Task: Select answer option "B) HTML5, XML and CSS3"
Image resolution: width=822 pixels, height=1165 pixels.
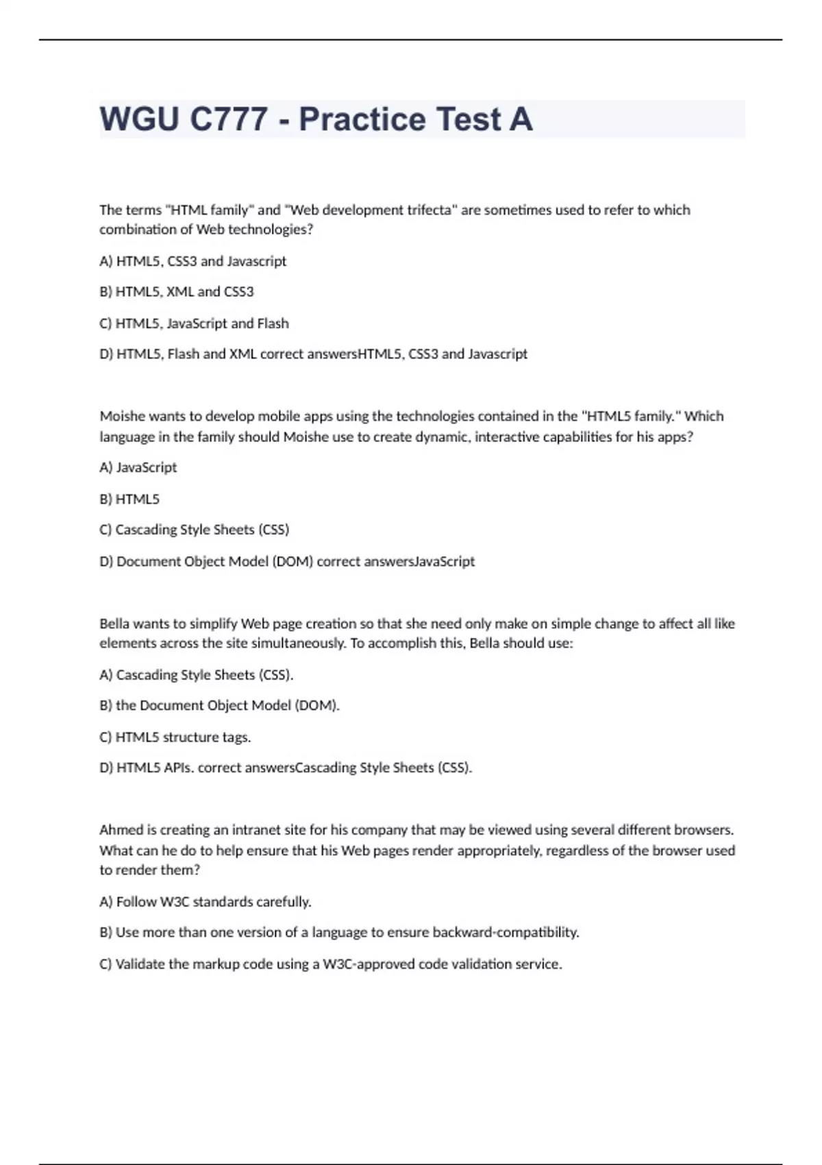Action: (177, 292)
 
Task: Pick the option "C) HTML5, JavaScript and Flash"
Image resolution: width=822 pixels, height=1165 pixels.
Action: (194, 323)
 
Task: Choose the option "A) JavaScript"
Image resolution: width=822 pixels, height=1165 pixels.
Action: (138, 467)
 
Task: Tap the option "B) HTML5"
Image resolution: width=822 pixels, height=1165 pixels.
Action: (129, 499)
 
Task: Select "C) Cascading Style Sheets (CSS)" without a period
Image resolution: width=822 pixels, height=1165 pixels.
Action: (195, 530)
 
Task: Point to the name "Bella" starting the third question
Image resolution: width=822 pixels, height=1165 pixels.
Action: (114, 624)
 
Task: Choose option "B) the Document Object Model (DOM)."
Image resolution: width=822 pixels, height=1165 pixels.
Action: (219, 705)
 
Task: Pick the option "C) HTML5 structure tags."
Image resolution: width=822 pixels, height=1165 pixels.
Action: (175, 737)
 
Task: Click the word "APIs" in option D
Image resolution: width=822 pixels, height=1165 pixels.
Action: (178, 768)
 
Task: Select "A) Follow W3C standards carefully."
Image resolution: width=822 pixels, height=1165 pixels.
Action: (206, 902)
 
